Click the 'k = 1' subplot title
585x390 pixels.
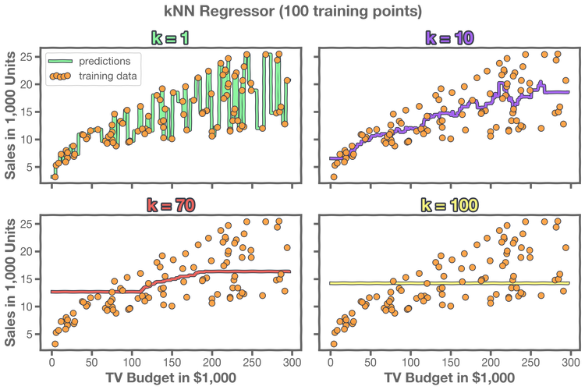point(170,37)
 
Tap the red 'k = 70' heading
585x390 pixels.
point(170,205)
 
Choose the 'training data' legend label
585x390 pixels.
point(108,76)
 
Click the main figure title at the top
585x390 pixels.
point(292,11)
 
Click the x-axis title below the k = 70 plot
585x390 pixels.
point(170,376)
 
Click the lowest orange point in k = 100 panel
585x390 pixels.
point(334,343)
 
